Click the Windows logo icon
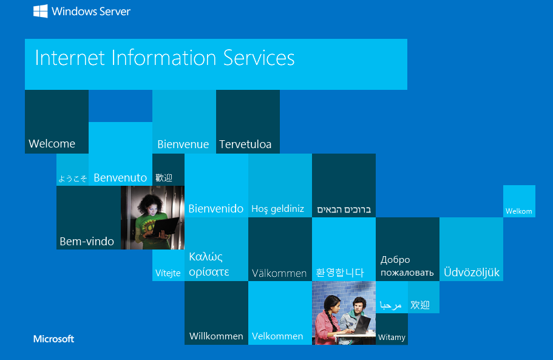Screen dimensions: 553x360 (41, 11)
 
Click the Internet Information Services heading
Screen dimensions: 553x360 (165, 58)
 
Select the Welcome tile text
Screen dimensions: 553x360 (52, 143)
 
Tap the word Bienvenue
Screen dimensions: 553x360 (183, 144)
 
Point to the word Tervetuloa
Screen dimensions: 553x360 (245, 144)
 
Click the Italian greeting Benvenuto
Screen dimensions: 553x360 (120, 178)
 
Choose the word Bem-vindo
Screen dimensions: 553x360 (87, 242)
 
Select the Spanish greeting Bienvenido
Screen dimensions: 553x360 (216, 209)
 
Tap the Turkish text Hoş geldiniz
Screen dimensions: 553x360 (277, 209)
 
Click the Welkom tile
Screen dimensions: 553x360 (519, 202)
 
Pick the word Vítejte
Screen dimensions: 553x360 (168, 273)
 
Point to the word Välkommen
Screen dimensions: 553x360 (279, 273)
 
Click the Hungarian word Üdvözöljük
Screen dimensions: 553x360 (472, 272)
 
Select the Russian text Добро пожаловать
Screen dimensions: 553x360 (407, 266)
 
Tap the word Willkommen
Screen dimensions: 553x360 (216, 336)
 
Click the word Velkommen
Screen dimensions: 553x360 (277, 336)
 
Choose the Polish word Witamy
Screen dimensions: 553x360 (392, 338)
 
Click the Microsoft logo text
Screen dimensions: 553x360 (53, 339)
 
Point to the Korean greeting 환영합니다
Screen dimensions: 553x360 (340, 273)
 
